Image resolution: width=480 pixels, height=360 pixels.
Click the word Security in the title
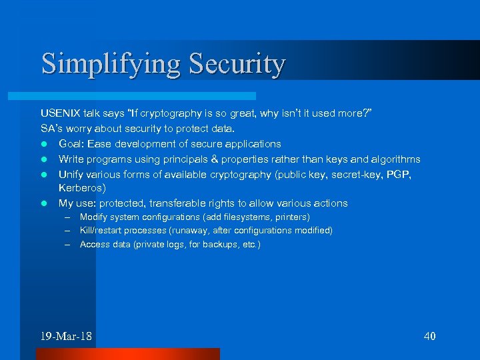[x=237, y=65]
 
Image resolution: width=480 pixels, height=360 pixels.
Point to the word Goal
[x=73, y=143]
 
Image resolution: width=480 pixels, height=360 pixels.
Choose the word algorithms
[x=395, y=159]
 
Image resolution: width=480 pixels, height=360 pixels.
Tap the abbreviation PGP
[x=402, y=174]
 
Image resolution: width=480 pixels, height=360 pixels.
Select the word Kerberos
[x=82, y=188]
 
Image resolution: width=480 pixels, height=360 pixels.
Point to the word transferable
[x=179, y=203]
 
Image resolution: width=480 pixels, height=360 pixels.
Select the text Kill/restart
[x=101, y=231]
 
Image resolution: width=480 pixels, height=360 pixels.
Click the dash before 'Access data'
[x=68, y=245]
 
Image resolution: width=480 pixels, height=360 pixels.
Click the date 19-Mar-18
[x=66, y=335]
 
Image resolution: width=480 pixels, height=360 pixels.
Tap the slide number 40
[x=429, y=335]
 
